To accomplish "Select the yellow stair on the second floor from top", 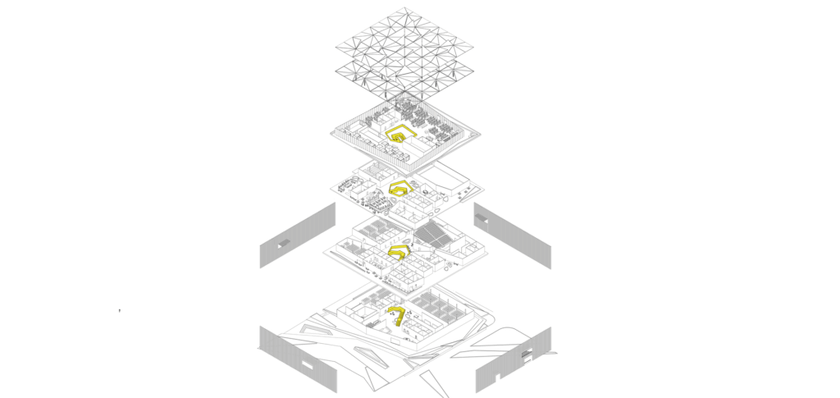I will pyautogui.click(x=399, y=189).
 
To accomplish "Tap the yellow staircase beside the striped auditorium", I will pyautogui.click(x=399, y=251).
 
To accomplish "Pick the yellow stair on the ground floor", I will pyautogui.click(x=397, y=314).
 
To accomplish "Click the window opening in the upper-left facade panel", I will pyautogui.click(x=284, y=244).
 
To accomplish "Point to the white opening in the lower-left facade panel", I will pyautogui.click(x=313, y=362).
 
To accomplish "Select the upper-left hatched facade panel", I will pyautogui.click(x=298, y=236).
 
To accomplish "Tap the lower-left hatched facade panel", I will pyautogui.click(x=296, y=358).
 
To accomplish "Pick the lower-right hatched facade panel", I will pyautogui.click(x=513, y=359).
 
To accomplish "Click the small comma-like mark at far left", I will pyautogui.click(x=119, y=310).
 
